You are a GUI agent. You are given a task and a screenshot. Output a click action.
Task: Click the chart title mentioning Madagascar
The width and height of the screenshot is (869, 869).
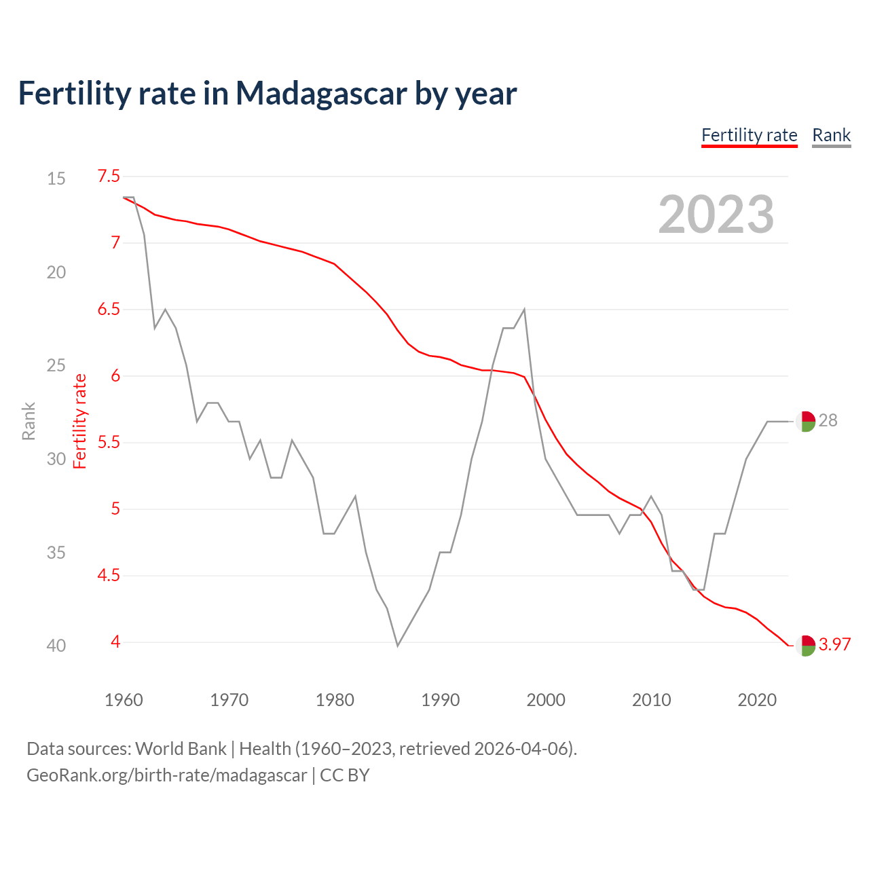click(x=267, y=94)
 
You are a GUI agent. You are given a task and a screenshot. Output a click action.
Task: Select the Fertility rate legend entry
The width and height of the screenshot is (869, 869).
click(x=749, y=135)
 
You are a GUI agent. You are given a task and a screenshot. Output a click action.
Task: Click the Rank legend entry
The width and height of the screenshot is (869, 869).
click(x=831, y=135)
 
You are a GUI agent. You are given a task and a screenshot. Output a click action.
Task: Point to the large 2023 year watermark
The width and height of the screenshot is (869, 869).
click(x=716, y=215)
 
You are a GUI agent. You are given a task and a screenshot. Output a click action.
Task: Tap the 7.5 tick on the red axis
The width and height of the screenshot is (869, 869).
click(x=109, y=177)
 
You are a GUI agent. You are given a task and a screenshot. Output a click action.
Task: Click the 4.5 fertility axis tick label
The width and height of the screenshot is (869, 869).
click(x=109, y=576)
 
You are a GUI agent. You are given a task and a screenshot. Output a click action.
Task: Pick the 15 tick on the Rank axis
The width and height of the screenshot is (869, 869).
click(x=56, y=179)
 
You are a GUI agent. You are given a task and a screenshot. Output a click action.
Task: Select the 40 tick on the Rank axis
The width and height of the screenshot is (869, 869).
click(x=56, y=646)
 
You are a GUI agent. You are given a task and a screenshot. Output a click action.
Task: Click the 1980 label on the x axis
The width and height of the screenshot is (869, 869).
click(x=335, y=700)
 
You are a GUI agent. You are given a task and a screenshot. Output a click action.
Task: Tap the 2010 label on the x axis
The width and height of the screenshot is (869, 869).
click(x=651, y=700)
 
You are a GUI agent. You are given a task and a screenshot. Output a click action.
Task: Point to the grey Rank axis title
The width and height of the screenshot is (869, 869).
click(x=29, y=421)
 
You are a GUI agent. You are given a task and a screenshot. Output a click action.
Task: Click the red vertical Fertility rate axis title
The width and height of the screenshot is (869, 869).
click(x=80, y=421)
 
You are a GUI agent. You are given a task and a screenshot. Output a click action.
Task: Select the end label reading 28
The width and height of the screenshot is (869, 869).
click(x=828, y=421)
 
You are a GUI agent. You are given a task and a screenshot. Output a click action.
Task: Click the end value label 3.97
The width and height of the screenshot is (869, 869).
click(x=834, y=644)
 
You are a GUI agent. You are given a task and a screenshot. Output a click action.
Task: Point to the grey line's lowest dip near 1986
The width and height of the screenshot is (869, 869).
click(x=398, y=645)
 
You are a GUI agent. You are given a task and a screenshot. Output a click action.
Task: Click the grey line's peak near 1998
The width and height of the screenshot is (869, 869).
click(x=525, y=310)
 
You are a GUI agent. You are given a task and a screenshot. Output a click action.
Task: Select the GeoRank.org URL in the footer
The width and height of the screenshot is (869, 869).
click(x=167, y=775)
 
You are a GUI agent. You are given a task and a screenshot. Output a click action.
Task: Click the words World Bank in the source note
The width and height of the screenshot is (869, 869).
click(x=181, y=749)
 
